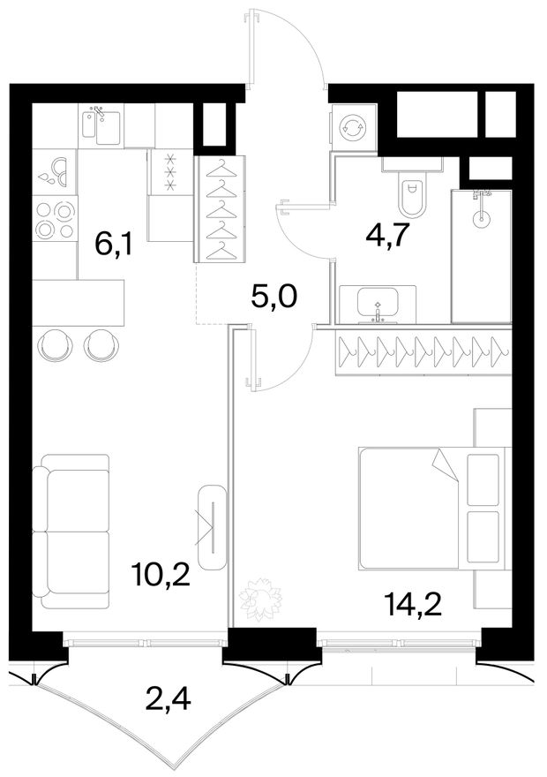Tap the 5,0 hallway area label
coord(273,297)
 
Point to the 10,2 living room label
coord(161,575)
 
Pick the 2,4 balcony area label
coord(169,700)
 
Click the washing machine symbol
coord(352,128)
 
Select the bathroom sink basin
coord(378,303)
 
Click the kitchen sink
coord(101,127)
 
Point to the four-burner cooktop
coord(55,220)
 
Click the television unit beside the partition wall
coord(212,527)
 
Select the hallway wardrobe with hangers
coord(220,208)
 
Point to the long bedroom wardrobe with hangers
coord(423,351)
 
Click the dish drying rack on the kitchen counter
coord(55,172)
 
